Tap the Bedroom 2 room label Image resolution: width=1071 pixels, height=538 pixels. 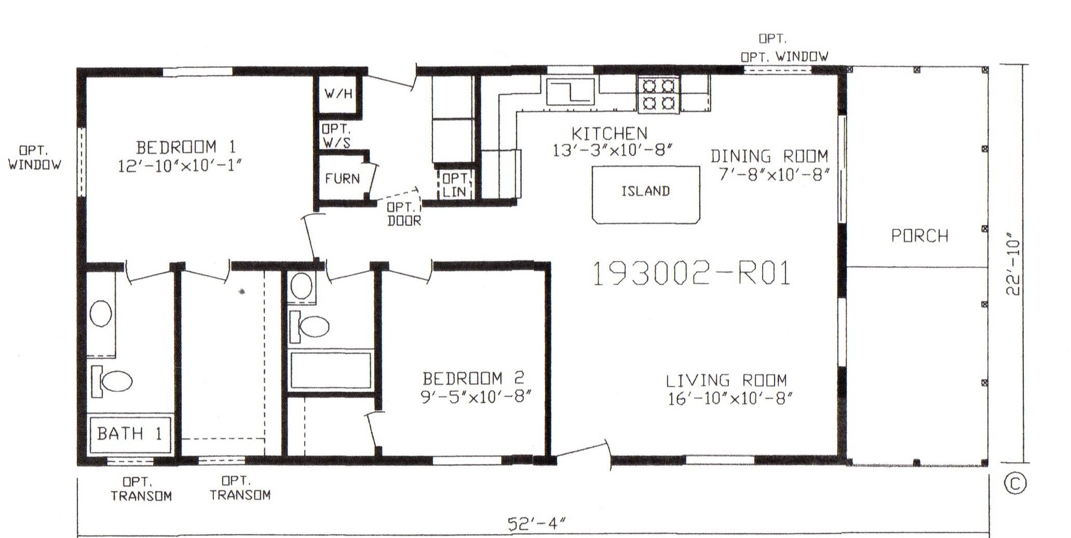pos(473,378)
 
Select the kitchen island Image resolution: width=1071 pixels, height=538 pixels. pos(646,195)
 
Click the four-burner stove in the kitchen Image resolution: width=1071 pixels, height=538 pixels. pos(658,95)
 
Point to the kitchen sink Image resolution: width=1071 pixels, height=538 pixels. pos(570,93)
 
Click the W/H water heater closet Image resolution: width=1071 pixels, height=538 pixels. pos(338,94)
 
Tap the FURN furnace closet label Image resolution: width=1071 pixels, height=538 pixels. pos(342,179)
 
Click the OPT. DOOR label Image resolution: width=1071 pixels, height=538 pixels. pos(404,213)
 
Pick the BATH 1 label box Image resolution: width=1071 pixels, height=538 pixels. pos(130,434)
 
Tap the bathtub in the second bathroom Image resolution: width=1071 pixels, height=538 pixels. pos(331,370)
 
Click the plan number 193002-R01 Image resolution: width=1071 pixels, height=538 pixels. pos(691,274)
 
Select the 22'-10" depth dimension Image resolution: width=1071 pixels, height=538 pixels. pos(1013,267)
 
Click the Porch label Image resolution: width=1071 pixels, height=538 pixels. pos(919,236)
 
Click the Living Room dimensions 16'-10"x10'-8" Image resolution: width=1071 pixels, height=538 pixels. pos(730,399)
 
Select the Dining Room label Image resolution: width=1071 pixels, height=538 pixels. pos(769,156)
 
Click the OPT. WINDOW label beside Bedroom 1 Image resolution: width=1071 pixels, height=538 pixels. pos(34,158)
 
